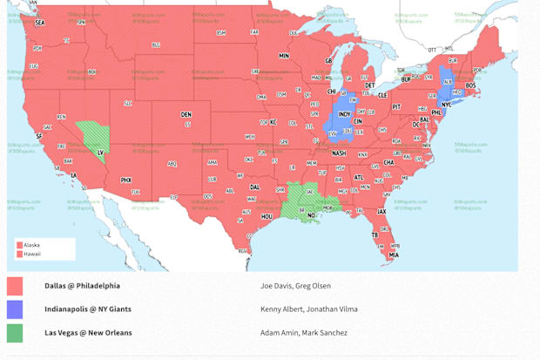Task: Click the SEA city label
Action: click(39, 23)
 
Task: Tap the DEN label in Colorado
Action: click(186, 114)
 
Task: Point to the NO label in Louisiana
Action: click(311, 215)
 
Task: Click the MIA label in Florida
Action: click(394, 255)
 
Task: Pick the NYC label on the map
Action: click(447, 105)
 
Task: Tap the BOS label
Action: click(471, 85)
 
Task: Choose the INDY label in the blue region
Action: click(344, 114)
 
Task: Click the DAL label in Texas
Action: click(254, 187)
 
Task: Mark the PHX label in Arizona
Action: click(125, 180)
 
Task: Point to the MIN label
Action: click(284, 56)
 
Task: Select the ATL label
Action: click(359, 177)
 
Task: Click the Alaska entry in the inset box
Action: click(31, 245)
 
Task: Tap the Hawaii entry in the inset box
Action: click(31, 254)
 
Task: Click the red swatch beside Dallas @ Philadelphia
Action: click(15, 286)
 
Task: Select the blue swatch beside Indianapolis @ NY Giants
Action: click(15, 309)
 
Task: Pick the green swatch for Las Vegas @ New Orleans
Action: click(15, 333)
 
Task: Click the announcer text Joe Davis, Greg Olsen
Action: click(295, 286)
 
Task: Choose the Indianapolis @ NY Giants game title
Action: click(88, 309)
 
